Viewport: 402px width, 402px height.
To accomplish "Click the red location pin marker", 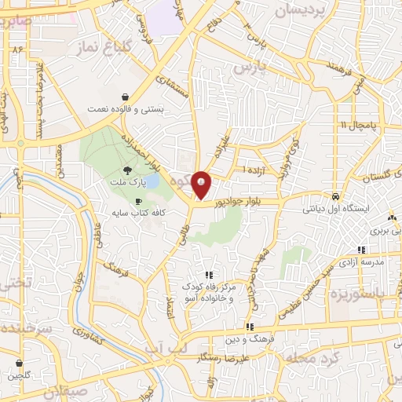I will [202, 185].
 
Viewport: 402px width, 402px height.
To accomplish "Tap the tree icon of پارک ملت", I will [128, 170].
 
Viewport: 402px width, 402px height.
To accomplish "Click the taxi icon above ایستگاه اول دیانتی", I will [336, 196].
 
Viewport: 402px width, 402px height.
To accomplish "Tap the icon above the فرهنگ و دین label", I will [250, 327].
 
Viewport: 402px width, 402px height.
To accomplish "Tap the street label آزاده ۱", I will [254, 170].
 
